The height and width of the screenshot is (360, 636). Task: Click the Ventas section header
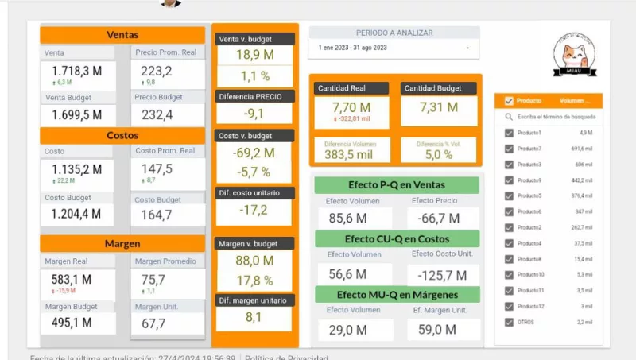coord(122,35)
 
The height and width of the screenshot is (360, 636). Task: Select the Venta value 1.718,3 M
coord(77,71)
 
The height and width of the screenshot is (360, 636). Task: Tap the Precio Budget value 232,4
coord(157,115)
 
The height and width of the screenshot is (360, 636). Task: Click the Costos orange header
coord(122,136)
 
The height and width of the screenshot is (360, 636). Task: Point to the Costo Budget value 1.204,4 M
coord(77,214)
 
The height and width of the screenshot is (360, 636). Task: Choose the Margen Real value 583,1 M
coord(77,279)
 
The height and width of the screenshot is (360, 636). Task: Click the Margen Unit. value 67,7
coord(153,323)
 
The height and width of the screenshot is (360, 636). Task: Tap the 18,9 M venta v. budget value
coord(254,54)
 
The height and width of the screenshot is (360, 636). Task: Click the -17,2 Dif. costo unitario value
coord(254,210)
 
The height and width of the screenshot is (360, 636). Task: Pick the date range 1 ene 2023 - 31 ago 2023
coord(353,48)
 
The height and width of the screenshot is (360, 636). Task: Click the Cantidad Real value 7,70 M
coord(351,107)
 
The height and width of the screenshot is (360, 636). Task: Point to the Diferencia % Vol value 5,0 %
coord(438,154)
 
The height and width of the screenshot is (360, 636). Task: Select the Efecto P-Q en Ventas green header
coord(396,184)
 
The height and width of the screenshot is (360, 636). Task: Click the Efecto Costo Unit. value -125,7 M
coord(439,275)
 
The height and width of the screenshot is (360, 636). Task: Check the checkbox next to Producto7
coord(509,149)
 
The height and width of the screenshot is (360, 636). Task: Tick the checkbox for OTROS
coord(509,322)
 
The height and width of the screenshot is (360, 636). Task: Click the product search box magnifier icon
coord(509,117)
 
